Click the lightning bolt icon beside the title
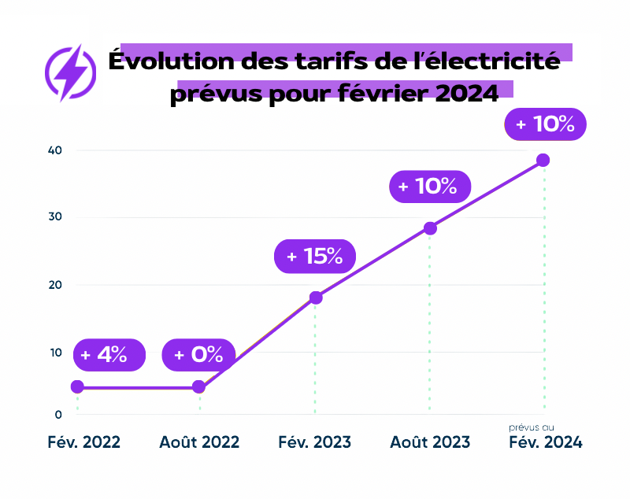click(x=72, y=72)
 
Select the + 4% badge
click(x=109, y=354)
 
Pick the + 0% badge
click(x=198, y=355)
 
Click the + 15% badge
click(x=314, y=256)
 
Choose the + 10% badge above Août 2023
click(x=429, y=187)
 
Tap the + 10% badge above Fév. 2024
click(x=545, y=124)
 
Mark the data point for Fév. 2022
click(x=77, y=386)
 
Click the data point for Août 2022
click(x=198, y=386)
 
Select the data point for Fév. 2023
click(x=316, y=298)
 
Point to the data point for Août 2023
click(x=430, y=228)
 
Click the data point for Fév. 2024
click(x=543, y=161)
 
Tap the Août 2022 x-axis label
click(x=198, y=442)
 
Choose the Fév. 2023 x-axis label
click(x=314, y=442)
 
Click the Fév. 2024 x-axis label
click(x=545, y=442)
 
